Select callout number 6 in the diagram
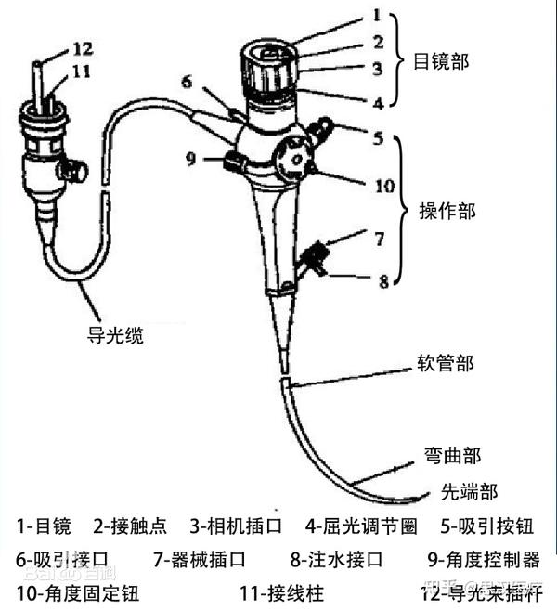[x=188, y=82]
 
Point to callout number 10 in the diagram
[x=384, y=185]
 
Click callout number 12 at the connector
[x=57, y=47]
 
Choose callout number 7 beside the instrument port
[x=379, y=239]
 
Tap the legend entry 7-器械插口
[x=201, y=559]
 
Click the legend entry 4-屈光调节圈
[x=362, y=526]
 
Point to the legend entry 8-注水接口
[x=336, y=559]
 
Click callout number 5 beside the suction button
[x=378, y=139]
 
